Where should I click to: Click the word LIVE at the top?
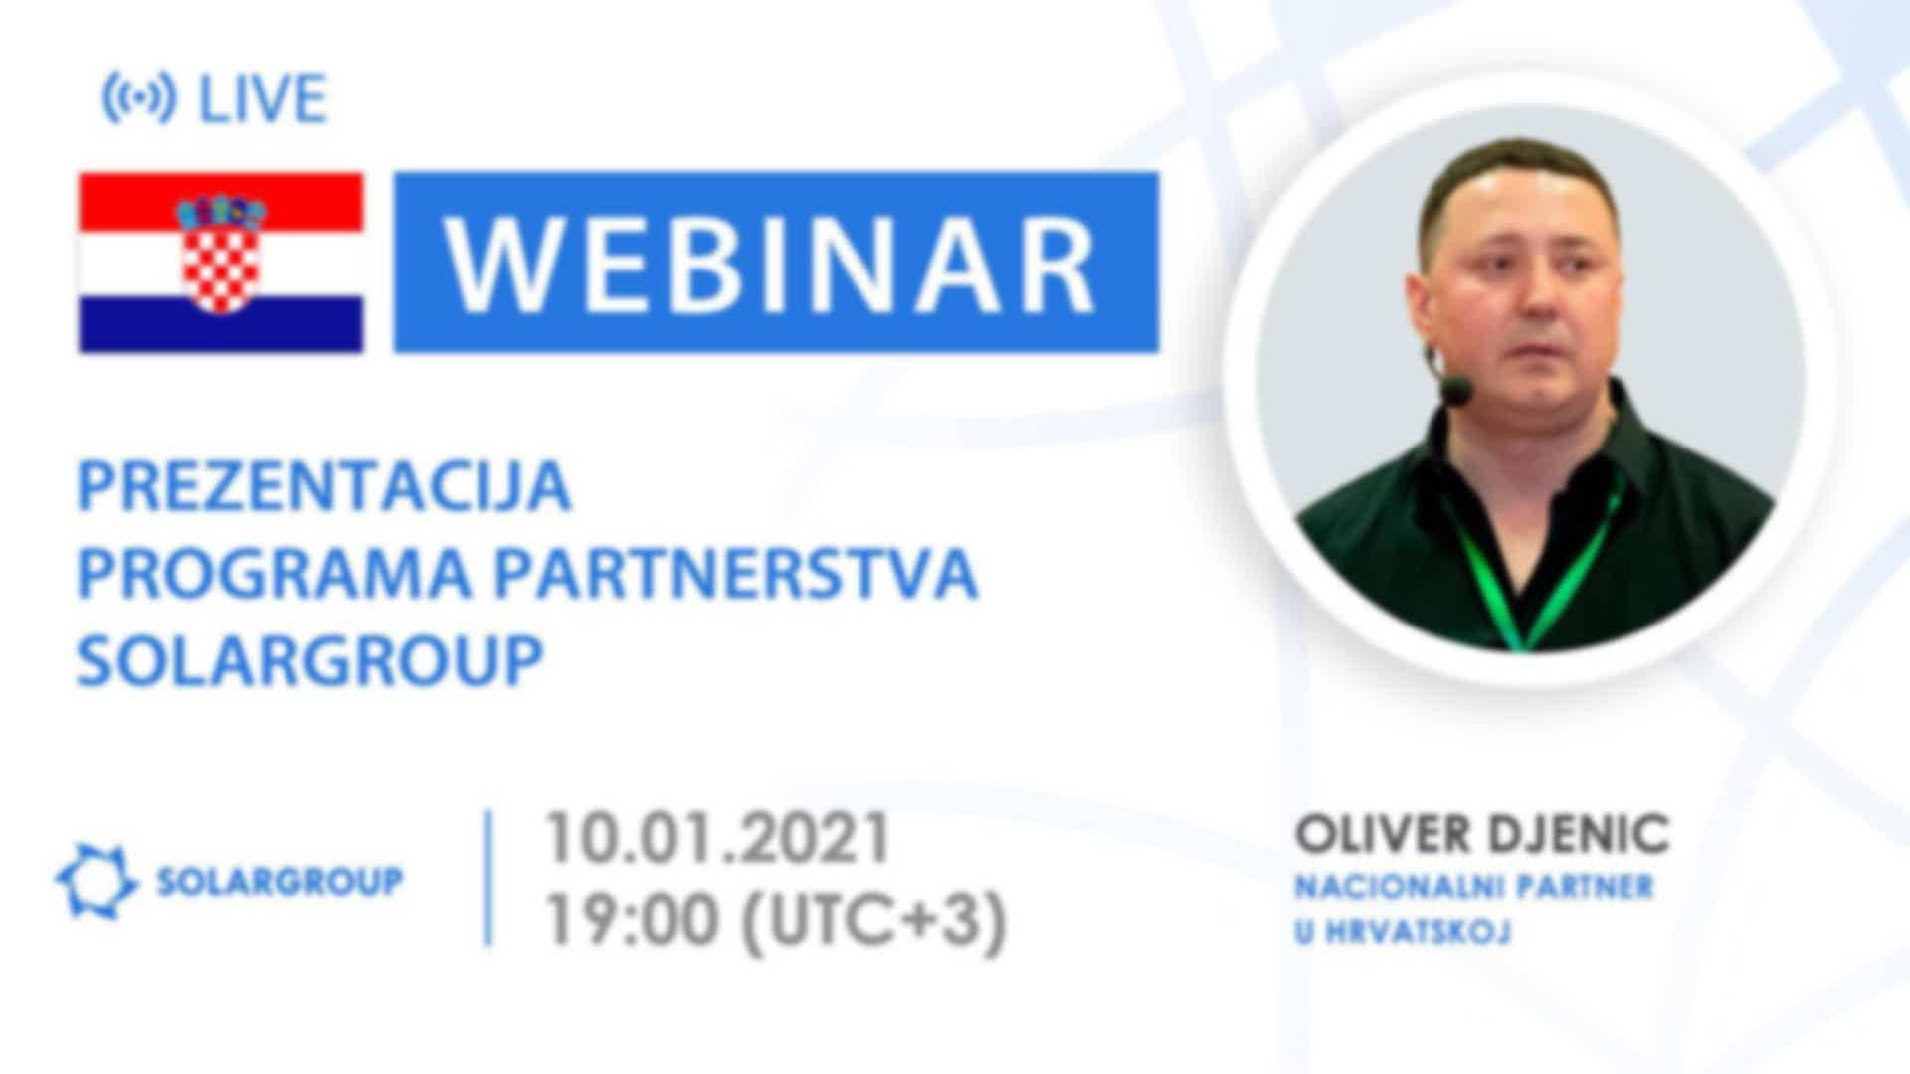point(264,98)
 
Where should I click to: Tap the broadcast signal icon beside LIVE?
point(139,98)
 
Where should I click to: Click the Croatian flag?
point(221,263)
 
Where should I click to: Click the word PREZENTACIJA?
point(324,486)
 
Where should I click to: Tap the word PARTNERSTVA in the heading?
point(736,573)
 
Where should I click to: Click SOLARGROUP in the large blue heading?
point(310,659)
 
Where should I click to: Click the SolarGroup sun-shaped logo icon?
point(96,880)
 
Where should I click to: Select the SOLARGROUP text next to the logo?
point(280,881)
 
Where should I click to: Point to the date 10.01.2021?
point(717,838)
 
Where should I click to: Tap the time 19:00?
point(631,920)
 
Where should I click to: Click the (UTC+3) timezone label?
point(874,921)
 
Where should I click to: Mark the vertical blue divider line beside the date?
point(488,878)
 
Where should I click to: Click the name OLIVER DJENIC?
point(1481,835)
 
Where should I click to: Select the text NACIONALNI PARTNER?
point(1473,887)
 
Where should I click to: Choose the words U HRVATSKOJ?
point(1403,932)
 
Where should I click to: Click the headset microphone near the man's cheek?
point(1456,390)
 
